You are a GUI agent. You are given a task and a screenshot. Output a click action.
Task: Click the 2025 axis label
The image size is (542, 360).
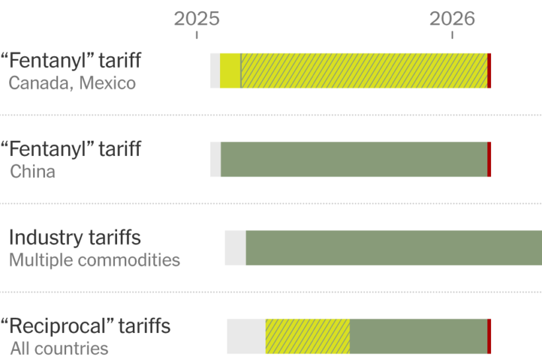coord(197,18)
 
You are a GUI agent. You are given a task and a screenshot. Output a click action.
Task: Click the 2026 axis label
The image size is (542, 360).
coord(452,18)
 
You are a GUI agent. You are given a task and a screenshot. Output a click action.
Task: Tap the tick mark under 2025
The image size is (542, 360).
coord(197,35)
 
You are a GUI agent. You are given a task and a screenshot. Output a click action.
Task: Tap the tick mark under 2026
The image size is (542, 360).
coord(452,35)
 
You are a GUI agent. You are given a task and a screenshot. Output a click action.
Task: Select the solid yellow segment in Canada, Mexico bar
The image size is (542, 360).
coord(230,71)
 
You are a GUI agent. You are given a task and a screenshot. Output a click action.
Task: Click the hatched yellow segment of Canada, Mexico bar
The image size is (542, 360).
coord(364,71)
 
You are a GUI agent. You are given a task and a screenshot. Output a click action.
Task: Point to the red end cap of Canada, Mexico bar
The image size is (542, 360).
coord(489,71)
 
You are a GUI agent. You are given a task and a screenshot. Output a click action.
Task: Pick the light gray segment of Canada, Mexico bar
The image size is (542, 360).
coord(215,71)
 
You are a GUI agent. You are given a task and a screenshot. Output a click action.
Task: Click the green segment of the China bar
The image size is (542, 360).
coord(354,159)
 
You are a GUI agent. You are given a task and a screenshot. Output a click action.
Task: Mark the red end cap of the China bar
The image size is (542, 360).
coord(489,159)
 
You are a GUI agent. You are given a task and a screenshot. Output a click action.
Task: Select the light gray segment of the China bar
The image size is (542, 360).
coord(215,159)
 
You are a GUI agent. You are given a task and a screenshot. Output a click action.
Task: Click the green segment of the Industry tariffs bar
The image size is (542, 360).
coord(394,248)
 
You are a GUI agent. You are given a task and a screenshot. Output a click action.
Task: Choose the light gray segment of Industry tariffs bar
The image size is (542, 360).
coord(235,248)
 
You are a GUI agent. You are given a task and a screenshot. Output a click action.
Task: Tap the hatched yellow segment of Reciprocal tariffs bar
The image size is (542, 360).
coord(307,336)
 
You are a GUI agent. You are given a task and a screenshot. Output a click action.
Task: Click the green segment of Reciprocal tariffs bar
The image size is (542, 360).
coord(418,336)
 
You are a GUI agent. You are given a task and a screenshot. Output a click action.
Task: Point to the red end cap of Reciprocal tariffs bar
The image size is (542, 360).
coord(489,336)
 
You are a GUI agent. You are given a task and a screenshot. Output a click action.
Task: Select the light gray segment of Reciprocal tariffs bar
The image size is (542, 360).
coord(246,336)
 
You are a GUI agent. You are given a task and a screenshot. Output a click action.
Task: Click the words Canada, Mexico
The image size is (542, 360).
coord(72,83)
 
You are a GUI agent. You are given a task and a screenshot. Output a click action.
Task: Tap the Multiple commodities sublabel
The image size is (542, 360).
coord(95,260)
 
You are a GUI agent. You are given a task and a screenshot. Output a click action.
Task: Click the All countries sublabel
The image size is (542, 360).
coord(59,349)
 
